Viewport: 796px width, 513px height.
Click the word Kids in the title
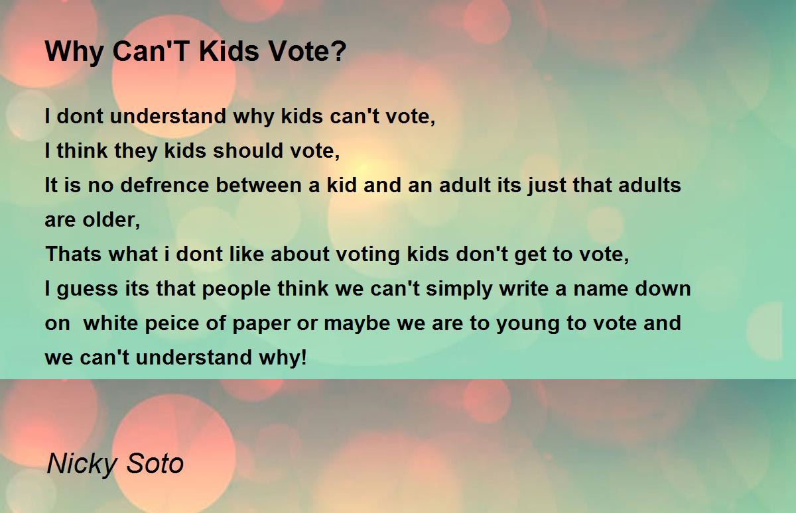[229, 51]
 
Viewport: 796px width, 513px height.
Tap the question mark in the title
[340, 51]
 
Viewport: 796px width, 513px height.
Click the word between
[259, 185]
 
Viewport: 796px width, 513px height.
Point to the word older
[111, 220]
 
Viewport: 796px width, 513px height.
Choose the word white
[111, 323]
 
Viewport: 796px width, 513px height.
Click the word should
[248, 150]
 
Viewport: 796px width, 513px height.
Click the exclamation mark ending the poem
[303, 357]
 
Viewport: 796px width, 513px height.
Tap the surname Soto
[155, 464]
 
